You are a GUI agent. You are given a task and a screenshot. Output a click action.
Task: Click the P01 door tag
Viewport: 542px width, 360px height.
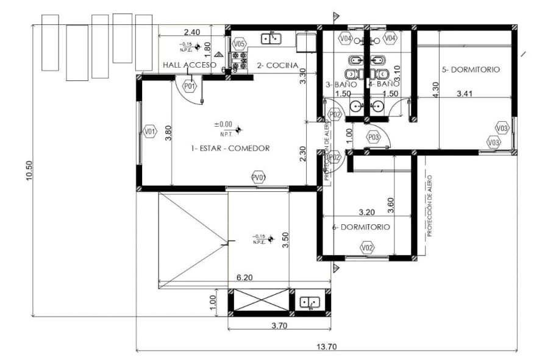[x=190, y=86]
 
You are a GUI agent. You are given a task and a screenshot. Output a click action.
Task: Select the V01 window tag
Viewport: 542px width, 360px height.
[x=150, y=131]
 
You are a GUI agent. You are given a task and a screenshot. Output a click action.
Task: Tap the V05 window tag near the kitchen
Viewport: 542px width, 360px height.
[x=239, y=44]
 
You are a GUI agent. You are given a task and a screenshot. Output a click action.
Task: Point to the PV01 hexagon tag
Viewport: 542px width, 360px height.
[x=259, y=177]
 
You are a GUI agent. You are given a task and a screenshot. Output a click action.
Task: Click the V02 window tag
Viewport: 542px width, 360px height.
[x=366, y=247]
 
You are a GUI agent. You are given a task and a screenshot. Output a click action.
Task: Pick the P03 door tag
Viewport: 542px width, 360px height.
[x=374, y=138]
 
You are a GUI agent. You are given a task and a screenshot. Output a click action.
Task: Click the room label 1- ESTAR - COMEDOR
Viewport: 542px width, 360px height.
[x=230, y=148]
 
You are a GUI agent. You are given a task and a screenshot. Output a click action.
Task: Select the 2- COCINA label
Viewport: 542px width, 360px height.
[x=277, y=65]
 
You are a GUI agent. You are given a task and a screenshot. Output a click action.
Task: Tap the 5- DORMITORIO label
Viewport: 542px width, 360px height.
[x=470, y=69]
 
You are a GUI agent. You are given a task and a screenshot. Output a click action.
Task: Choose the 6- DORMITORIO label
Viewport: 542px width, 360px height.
[x=361, y=227]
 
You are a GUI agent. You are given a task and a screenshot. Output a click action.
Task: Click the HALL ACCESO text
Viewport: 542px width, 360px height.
[x=189, y=65]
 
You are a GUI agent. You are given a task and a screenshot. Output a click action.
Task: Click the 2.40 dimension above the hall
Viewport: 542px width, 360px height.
[x=191, y=32]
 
